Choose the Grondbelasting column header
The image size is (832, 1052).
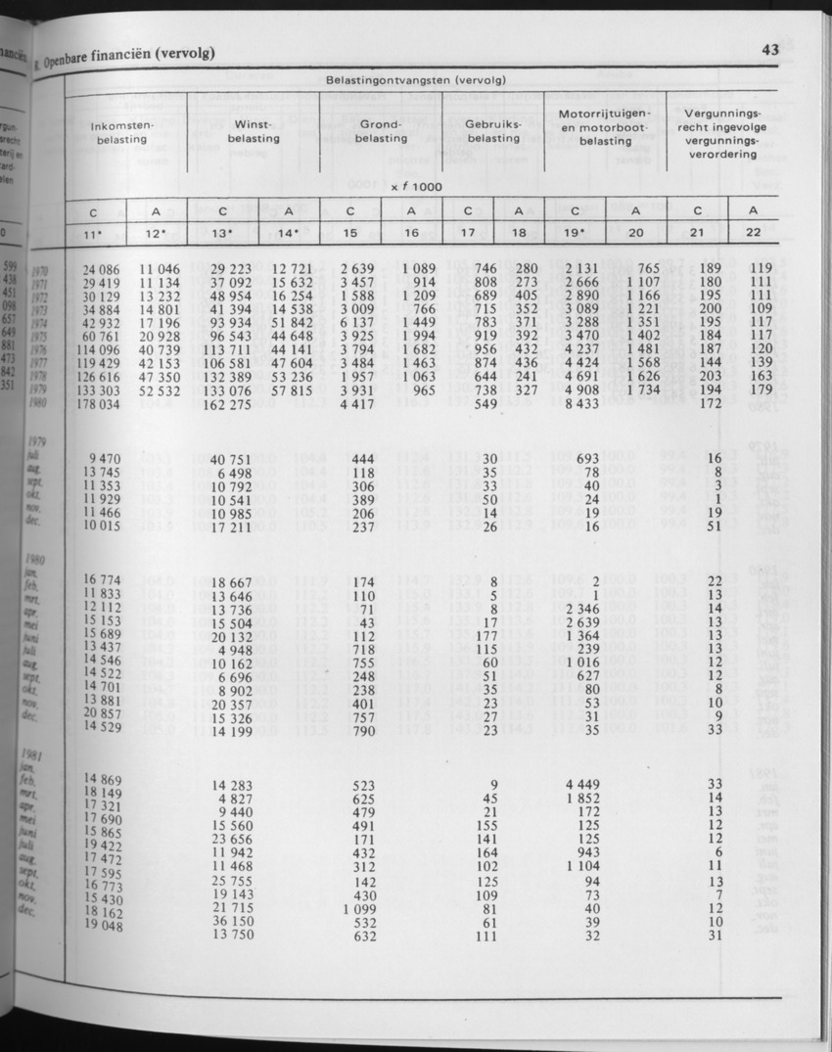[x=381, y=132]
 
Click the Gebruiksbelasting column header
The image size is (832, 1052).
[x=492, y=132]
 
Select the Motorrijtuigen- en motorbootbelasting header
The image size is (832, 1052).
[x=604, y=127]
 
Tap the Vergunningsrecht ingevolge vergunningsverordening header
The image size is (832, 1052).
[x=725, y=133]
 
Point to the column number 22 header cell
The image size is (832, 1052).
[x=753, y=233]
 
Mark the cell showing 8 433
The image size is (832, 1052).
[x=581, y=404]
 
